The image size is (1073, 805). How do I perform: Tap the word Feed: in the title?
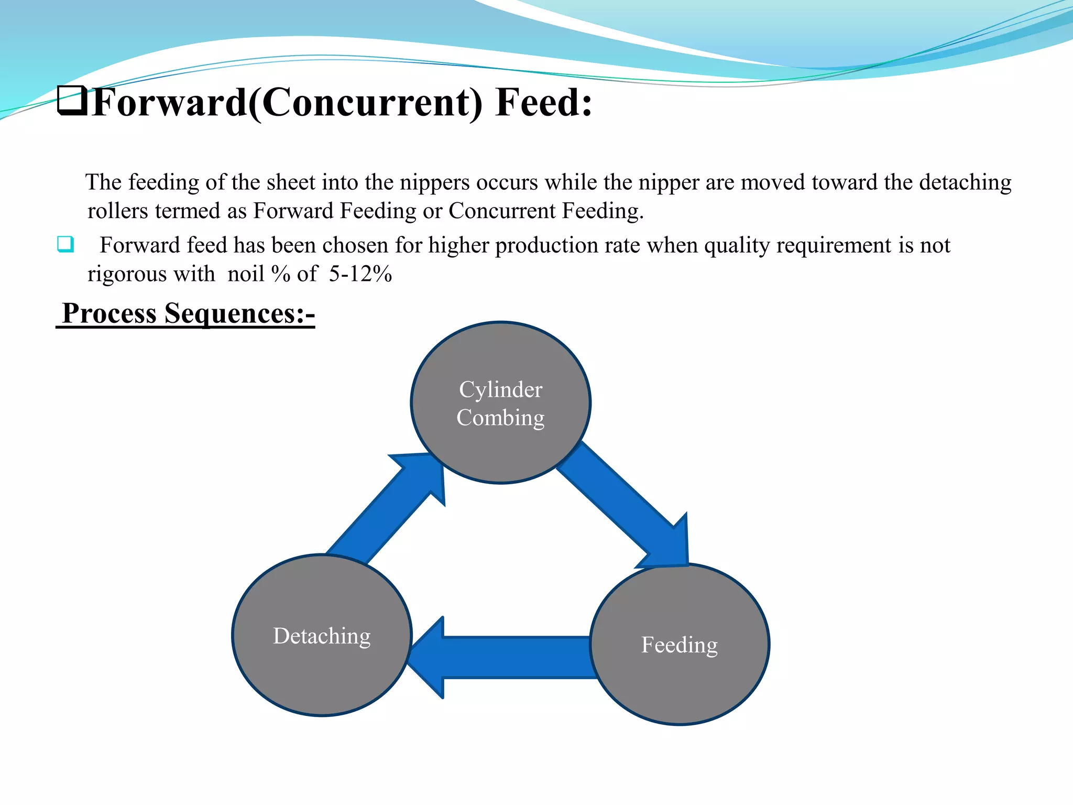pos(543,102)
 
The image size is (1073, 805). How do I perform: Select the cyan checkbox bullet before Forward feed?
pos(65,244)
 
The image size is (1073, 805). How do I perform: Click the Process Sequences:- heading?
pos(188,313)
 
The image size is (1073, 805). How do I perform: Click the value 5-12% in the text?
pos(360,274)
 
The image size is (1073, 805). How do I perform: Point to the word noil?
pos(245,274)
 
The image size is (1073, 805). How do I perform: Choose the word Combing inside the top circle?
pos(500,418)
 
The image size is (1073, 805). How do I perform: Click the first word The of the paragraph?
pos(103,182)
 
